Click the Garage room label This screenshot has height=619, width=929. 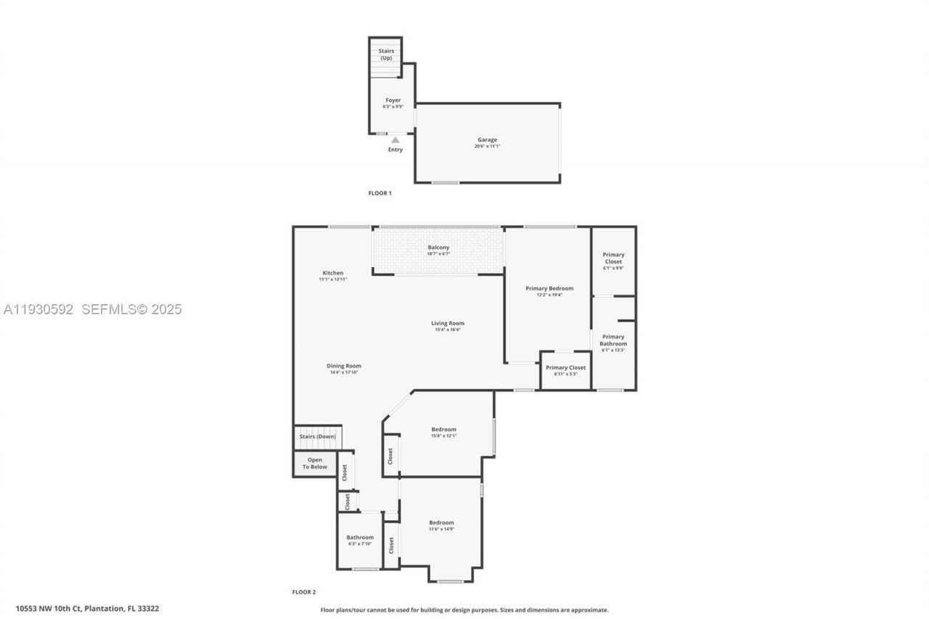[x=487, y=140]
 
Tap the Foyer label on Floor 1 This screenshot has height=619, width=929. [x=393, y=101]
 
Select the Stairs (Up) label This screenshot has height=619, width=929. [x=386, y=54]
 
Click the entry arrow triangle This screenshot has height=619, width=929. [x=395, y=140]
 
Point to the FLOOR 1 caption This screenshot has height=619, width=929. [x=380, y=193]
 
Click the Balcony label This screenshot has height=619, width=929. [x=438, y=248]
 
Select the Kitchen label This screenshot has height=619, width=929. [x=333, y=274]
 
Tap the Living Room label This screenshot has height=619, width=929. [x=447, y=324]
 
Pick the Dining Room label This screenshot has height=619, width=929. [x=343, y=366]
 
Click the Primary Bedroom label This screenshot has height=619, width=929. [x=549, y=289]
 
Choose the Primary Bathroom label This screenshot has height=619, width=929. [x=613, y=340]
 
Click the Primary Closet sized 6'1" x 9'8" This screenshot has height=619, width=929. [x=613, y=258]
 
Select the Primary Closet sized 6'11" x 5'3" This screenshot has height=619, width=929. [x=565, y=368]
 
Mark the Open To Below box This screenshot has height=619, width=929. [x=315, y=464]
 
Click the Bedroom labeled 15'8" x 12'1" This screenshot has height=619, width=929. [x=443, y=430]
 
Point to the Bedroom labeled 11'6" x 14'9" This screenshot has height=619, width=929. [x=441, y=523]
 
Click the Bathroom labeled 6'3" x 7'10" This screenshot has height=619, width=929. [x=360, y=538]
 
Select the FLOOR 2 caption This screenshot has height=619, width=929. [x=304, y=592]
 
